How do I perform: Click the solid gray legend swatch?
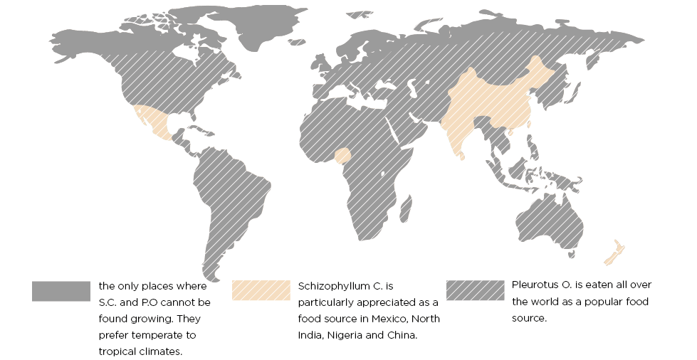pos(61,290)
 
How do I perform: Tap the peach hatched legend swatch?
pos(261,290)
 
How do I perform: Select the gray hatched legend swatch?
pos(476,290)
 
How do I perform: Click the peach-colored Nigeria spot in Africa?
pos(344,156)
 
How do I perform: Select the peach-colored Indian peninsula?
pos(458,135)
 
